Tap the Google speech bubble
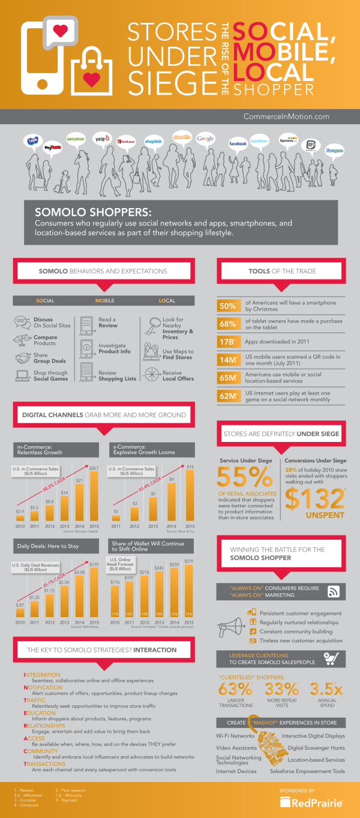point(206,139)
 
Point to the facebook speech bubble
point(238,144)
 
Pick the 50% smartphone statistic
point(228,306)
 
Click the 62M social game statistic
point(228,396)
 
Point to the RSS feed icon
point(335,593)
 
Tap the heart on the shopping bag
point(91,79)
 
